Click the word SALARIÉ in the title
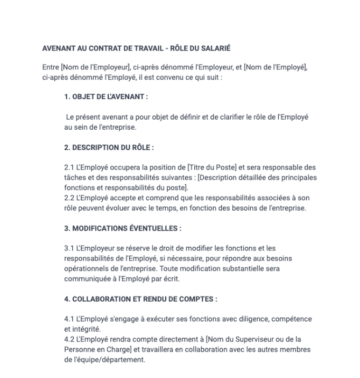(x=215, y=48)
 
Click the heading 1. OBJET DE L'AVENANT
(x=106, y=97)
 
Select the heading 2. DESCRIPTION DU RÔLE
(x=109, y=147)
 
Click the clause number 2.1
(x=69, y=167)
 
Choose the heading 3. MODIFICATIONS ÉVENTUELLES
(x=123, y=228)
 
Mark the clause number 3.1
(x=69, y=248)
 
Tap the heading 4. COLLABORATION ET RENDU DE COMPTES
(x=140, y=299)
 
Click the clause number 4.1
(x=69, y=319)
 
